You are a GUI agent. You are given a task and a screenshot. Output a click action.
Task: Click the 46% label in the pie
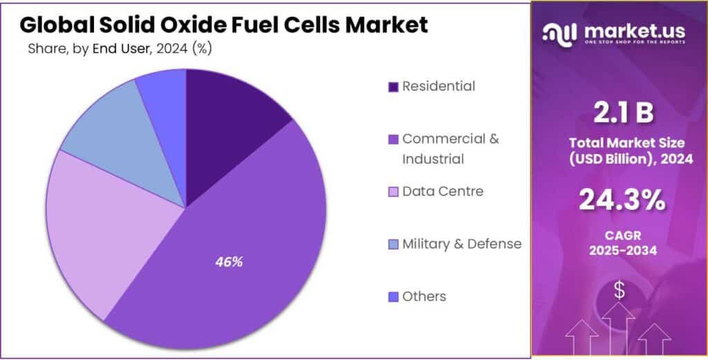228,263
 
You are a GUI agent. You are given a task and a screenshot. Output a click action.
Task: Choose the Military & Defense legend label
462,243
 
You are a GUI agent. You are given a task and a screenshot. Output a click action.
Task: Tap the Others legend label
424,296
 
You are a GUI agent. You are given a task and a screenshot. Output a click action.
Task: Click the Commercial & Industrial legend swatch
393,140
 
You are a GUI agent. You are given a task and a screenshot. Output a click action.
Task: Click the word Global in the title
57,25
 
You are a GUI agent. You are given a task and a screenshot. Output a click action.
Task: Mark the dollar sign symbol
619,291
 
